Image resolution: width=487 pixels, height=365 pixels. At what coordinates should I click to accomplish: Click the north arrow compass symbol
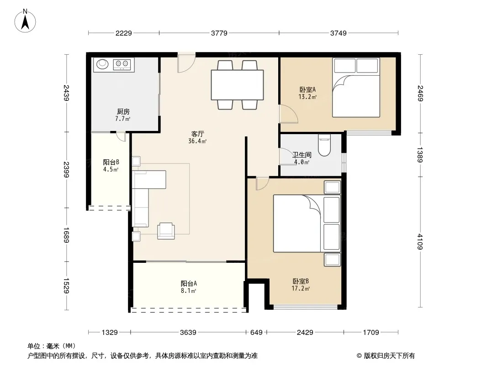25,21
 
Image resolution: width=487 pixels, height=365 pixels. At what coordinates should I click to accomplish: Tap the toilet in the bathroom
324,145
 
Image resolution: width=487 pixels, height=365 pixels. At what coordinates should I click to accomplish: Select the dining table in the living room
237,85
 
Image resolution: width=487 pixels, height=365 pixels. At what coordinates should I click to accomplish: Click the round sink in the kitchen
102,64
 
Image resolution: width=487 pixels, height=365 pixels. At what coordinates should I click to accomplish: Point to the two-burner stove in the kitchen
122,64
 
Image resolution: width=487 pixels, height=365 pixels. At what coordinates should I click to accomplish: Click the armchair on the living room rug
166,231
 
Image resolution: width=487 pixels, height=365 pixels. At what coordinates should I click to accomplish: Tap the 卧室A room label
307,89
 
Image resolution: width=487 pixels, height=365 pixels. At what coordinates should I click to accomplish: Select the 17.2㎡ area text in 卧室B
301,289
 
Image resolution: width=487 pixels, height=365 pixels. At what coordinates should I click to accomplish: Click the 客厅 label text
197,134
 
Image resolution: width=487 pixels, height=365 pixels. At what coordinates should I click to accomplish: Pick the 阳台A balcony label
189,283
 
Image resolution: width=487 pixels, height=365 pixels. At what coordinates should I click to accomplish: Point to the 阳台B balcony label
111,162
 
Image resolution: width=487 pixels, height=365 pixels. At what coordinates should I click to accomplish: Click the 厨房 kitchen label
123,111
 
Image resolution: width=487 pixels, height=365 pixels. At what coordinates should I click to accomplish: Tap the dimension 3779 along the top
219,33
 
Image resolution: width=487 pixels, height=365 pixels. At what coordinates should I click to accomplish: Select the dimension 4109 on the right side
419,241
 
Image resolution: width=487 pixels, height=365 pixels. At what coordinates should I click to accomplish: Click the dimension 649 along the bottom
256,333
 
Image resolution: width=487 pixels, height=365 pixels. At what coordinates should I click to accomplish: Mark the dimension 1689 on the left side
66,235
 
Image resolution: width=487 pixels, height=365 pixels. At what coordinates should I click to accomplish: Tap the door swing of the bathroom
283,156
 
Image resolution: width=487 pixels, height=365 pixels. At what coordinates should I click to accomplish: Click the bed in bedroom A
356,88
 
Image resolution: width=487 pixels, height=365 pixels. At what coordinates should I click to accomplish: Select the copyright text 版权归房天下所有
389,356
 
